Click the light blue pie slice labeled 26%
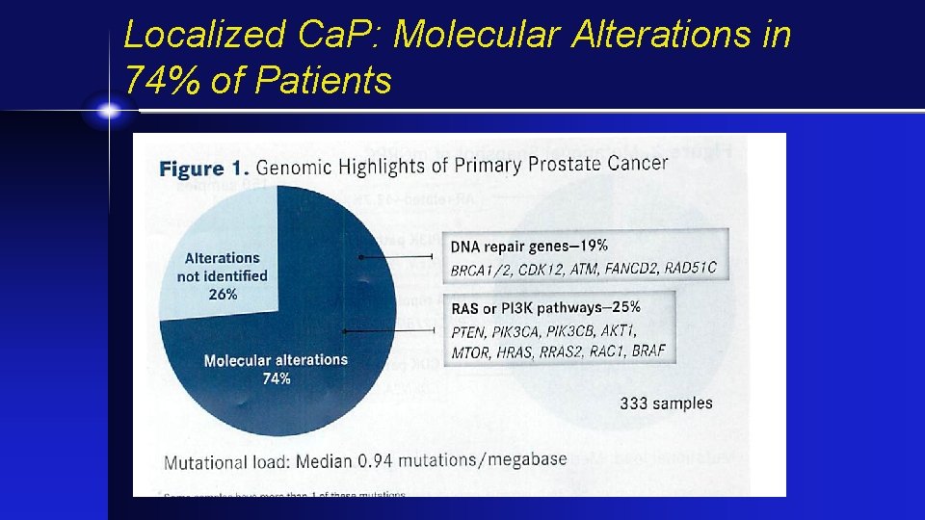(222, 241)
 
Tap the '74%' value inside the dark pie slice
(277, 378)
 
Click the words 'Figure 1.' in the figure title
(203, 169)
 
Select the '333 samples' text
(666, 403)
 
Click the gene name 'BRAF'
(648, 351)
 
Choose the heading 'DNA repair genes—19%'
(529, 247)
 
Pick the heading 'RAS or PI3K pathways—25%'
(545, 308)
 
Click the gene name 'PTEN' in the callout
(469, 332)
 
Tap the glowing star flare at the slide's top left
(110, 112)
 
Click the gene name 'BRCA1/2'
(481, 271)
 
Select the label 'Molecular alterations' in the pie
(276, 360)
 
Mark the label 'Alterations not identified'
(222, 267)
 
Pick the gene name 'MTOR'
(472, 352)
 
